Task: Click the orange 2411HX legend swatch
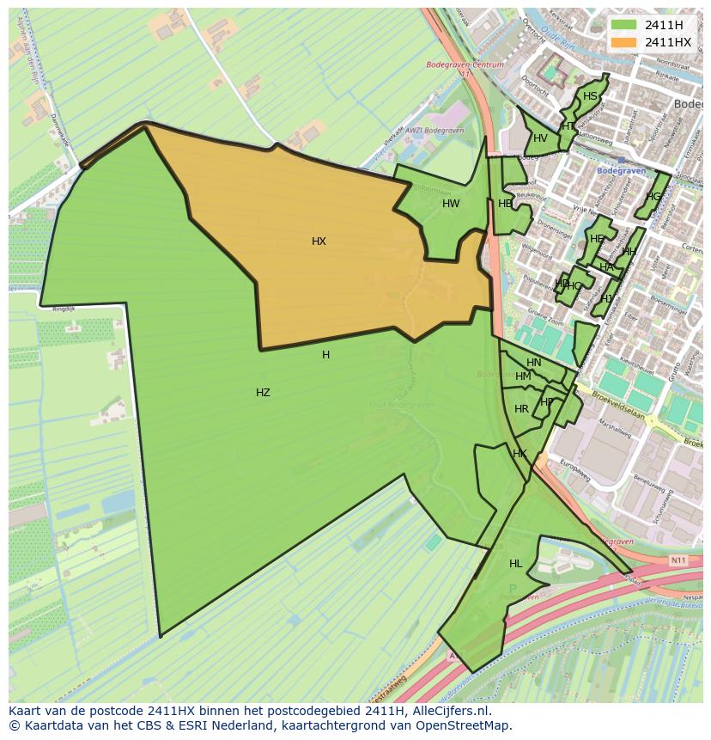click(x=624, y=42)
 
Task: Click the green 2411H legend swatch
click(x=624, y=25)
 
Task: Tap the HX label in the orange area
click(x=319, y=242)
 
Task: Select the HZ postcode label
click(x=263, y=393)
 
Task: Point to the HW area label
click(x=451, y=204)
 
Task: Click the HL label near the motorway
click(x=515, y=564)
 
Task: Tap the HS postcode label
click(x=590, y=96)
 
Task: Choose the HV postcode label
click(x=540, y=138)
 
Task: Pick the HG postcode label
click(x=654, y=197)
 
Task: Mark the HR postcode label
click(x=521, y=409)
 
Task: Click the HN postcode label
click(x=534, y=363)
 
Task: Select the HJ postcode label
click(x=606, y=299)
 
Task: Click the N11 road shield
click(x=678, y=560)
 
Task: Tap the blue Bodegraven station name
click(x=621, y=171)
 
